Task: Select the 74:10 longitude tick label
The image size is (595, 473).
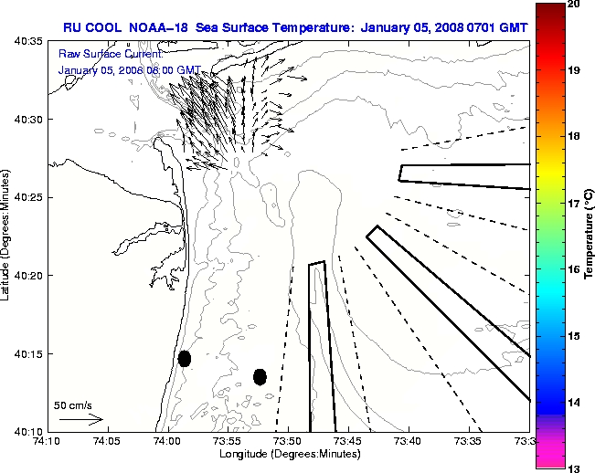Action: point(46,442)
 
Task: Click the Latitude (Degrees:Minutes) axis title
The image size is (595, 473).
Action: point(8,236)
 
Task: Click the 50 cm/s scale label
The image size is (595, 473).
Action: point(72,405)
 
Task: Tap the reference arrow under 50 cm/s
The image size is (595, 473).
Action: point(81,419)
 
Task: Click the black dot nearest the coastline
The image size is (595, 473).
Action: point(185,358)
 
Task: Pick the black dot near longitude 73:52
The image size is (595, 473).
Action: point(260,376)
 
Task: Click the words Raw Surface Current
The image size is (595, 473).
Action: point(101,55)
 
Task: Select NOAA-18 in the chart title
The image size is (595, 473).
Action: point(159,26)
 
